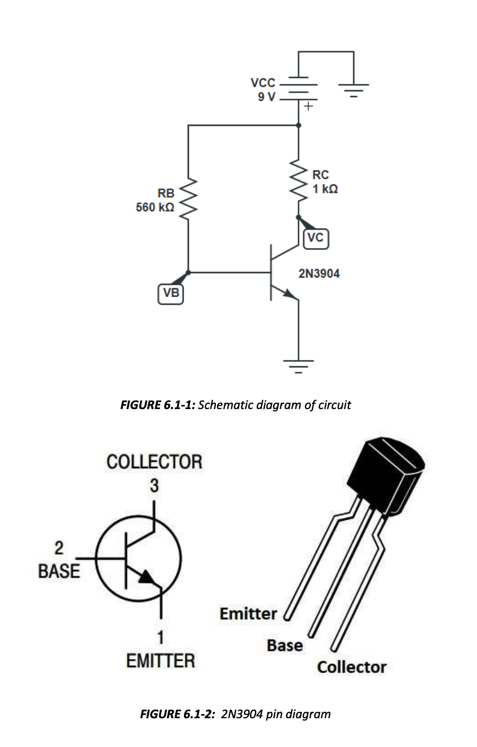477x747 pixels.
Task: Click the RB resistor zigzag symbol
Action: coord(188,200)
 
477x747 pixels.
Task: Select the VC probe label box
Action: coord(315,238)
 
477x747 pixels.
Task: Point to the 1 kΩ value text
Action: coord(326,189)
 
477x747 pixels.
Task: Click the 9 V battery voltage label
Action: coord(267,96)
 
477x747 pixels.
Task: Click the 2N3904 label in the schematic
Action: coord(319,274)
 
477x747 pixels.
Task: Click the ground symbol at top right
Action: coord(354,89)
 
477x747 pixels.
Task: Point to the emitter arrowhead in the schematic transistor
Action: coord(290,293)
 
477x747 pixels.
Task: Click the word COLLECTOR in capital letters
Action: coord(154,462)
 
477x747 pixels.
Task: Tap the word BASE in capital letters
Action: coord(59,571)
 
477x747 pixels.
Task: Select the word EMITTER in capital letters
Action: coord(161,661)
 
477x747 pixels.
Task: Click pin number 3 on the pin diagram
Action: coord(153,485)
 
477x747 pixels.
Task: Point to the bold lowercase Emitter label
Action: coord(248,613)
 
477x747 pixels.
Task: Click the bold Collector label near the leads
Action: coord(351,667)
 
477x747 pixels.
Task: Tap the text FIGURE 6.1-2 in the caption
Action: coord(177,714)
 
